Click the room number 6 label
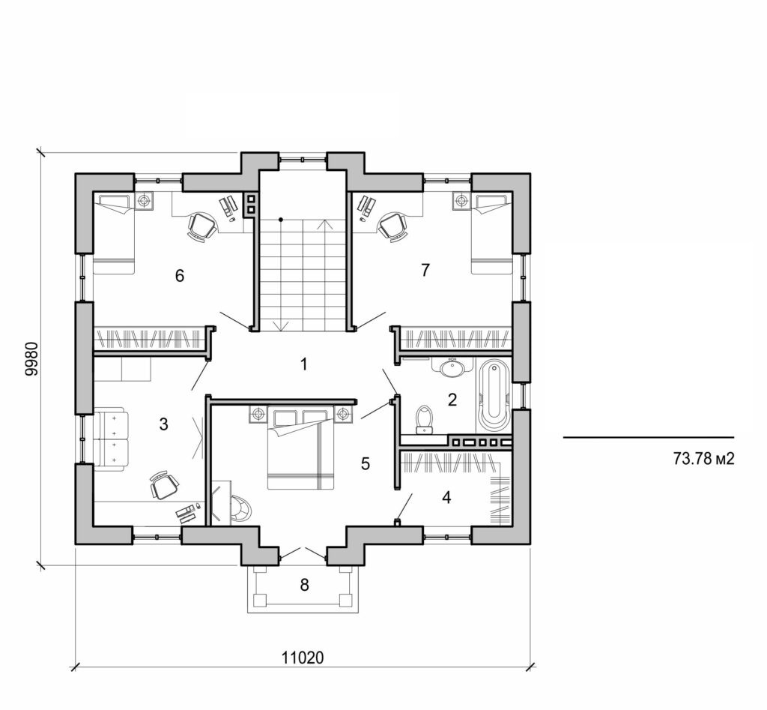click(x=179, y=276)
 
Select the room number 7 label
click(x=425, y=271)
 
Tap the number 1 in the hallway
click(x=303, y=365)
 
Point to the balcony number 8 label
click(x=304, y=585)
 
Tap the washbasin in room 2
click(x=452, y=367)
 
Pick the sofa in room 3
click(x=110, y=439)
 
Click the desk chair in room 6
click(x=201, y=226)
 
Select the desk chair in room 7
click(x=392, y=225)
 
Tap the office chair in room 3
click(x=164, y=485)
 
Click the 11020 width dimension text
click(x=303, y=658)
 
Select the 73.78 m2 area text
click(x=703, y=459)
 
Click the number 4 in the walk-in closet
click(x=446, y=497)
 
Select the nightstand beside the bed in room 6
click(x=144, y=201)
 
